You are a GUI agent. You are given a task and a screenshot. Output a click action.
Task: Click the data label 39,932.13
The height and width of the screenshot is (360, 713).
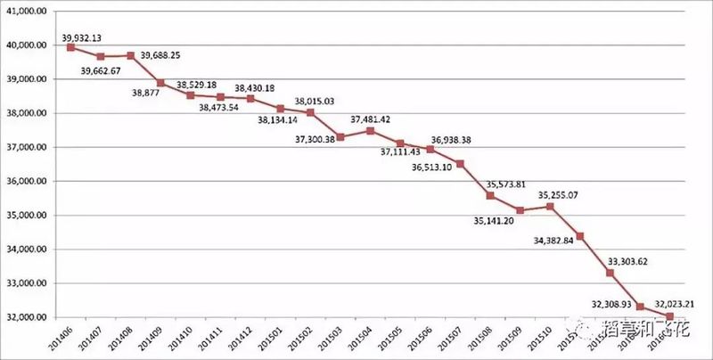tap(83, 37)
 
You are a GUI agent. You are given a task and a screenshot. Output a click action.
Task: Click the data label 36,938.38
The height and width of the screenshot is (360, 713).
tap(452, 140)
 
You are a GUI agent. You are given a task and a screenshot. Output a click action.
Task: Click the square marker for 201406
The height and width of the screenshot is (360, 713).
tap(71, 47)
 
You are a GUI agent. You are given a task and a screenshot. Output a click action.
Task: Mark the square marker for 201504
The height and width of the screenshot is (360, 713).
tap(370, 131)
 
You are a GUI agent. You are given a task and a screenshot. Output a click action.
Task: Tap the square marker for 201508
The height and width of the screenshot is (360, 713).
tap(490, 195)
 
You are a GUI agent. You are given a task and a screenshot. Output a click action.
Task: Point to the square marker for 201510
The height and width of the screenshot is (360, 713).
tap(550, 207)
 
